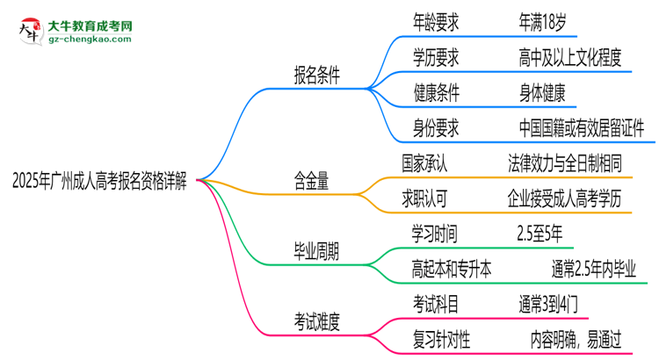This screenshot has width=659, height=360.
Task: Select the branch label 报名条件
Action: tap(317, 77)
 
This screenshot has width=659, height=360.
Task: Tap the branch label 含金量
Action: tap(311, 182)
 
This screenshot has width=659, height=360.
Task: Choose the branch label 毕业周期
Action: tap(317, 252)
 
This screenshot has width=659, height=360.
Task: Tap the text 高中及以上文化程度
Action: tap(570, 59)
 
